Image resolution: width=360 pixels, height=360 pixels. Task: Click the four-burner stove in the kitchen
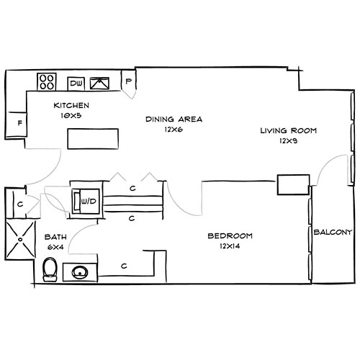pyautogui.click(x=48, y=82)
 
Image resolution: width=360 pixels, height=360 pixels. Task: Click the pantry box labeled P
pyautogui.click(x=129, y=81)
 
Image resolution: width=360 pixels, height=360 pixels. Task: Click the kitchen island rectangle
pyautogui.click(x=93, y=137)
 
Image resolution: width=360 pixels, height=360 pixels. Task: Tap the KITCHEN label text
pyautogui.click(x=71, y=105)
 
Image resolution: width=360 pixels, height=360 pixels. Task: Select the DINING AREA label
pyautogui.click(x=173, y=120)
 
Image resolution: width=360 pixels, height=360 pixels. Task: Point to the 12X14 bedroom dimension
pyautogui.click(x=229, y=247)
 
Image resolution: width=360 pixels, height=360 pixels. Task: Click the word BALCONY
pyautogui.click(x=332, y=232)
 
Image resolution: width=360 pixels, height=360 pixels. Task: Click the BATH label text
pyautogui.click(x=55, y=237)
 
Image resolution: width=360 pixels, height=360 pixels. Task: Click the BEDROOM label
pyautogui.click(x=229, y=236)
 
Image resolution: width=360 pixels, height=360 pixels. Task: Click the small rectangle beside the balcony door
pyautogui.click(x=292, y=184)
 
